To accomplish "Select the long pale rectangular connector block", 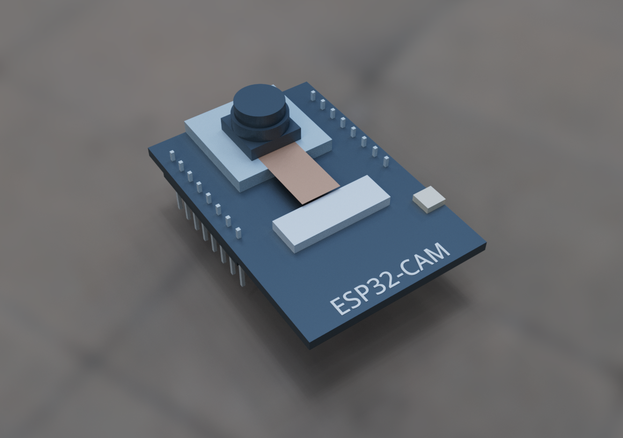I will tap(331, 211).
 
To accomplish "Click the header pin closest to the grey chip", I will tap(385, 161).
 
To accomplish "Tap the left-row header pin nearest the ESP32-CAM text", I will tap(238, 232).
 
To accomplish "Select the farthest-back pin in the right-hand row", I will tap(312, 95).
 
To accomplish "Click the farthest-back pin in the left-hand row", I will tap(172, 156).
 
